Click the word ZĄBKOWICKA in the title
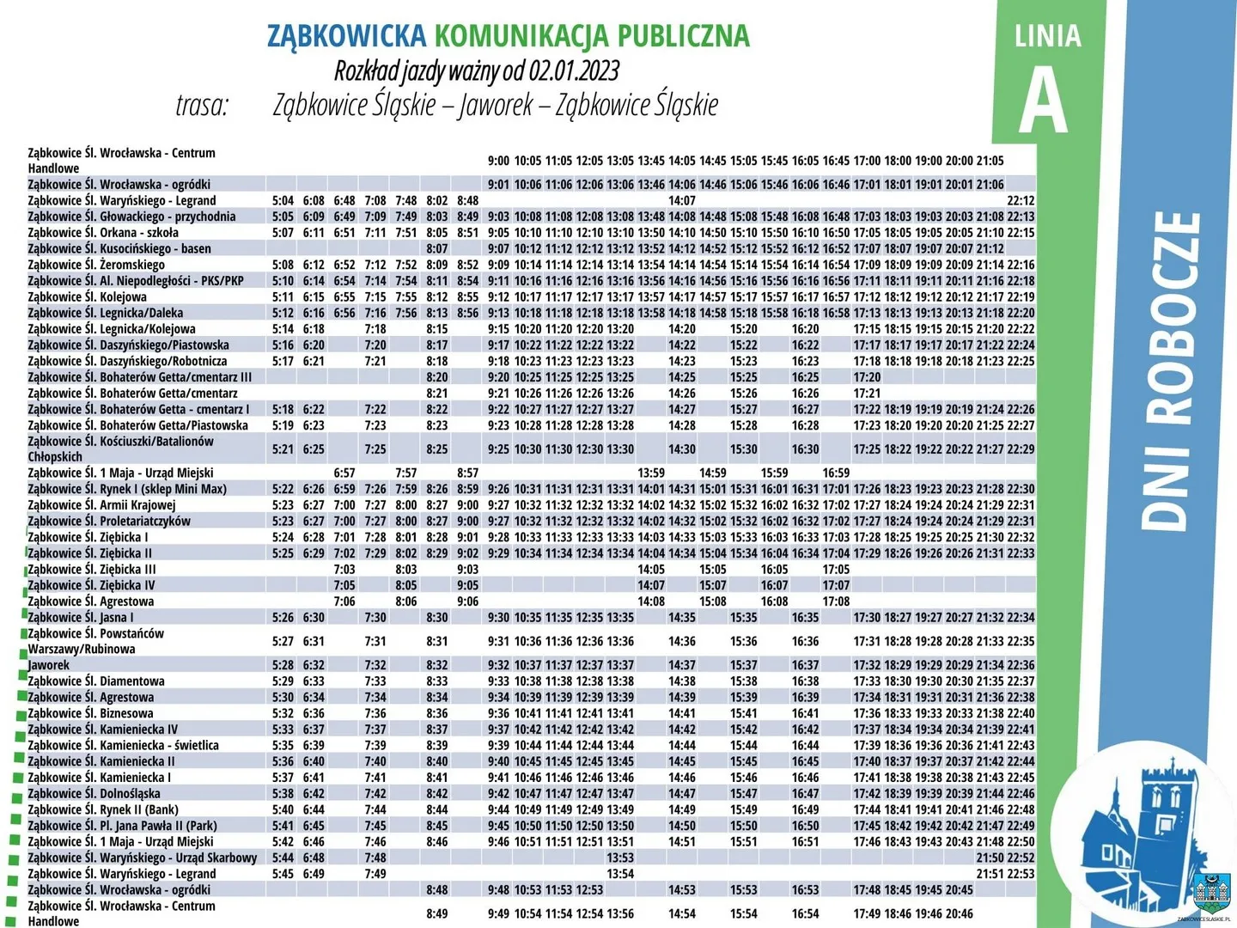click(x=346, y=35)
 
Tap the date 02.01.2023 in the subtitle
click(x=574, y=70)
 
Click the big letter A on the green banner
click(x=1044, y=100)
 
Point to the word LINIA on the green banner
click(x=1047, y=36)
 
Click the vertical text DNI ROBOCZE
click(x=1171, y=369)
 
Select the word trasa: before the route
click(x=203, y=105)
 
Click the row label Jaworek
click(x=49, y=665)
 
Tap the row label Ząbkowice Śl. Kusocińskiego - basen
click(x=119, y=248)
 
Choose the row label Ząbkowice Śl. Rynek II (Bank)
click(x=103, y=809)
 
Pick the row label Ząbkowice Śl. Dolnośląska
click(x=94, y=793)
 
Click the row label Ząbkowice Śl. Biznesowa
click(x=91, y=713)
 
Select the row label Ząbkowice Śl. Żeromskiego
click(x=96, y=265)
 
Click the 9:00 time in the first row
click(x=498, y=161)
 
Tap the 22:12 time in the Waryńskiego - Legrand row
click(x=1021, y=200)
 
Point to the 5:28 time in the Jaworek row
click(x=283, y=665)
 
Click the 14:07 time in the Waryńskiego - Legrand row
click(x=682, y=200)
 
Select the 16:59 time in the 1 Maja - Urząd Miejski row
click(x=836, y=473)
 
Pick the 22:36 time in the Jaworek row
click(x=1021, y=665)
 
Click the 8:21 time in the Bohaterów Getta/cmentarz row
click(x=436, y=393)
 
